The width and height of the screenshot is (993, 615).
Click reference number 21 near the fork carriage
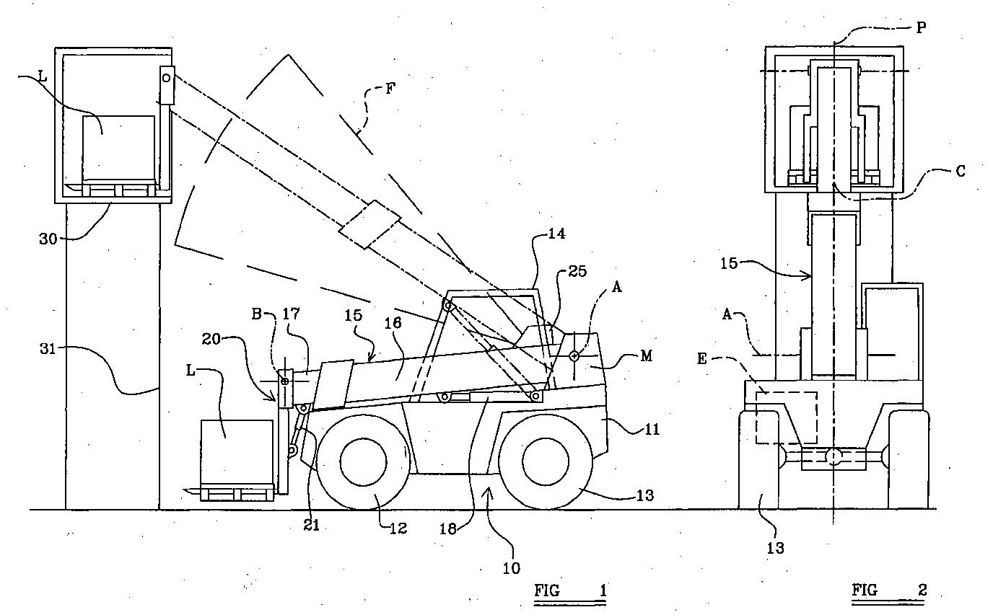tap(311, 526)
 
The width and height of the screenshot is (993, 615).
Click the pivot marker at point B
tap(285, 380)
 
